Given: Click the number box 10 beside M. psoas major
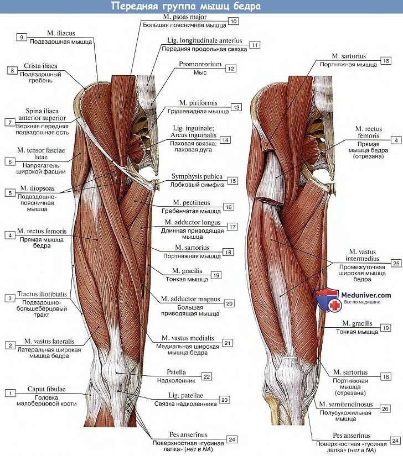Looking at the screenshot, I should click(233, 22).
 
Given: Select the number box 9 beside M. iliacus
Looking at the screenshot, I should click(21, 37).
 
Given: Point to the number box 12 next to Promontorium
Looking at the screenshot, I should click(230, 69).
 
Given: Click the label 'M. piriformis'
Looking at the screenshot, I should click(198, 103).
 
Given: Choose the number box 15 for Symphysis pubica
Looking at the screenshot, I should click(233, 181).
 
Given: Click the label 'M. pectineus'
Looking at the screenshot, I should click(191, 203).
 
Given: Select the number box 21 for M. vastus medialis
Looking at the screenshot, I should click(228, 343).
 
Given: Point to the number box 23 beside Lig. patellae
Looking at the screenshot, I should click(224, 400).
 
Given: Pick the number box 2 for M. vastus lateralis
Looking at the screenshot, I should click(11, 345).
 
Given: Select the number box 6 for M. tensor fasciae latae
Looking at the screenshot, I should click(11, 161).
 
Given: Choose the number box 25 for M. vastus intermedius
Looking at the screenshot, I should click(395, 263).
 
